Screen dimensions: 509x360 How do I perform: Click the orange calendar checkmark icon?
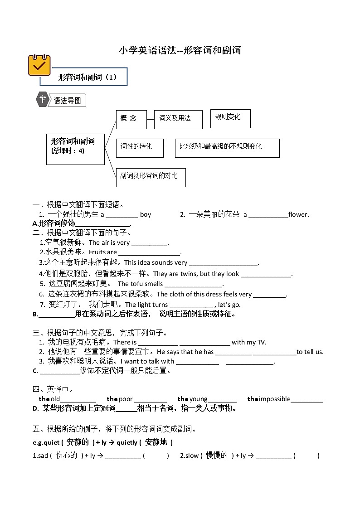pyautogui.click(x=39, y=65)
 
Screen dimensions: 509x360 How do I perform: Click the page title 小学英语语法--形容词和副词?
pyautogui.click(x=180, y=50)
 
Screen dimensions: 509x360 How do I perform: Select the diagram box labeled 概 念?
pyautogui.click(x=131, y=119)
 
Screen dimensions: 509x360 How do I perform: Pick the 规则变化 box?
pyautogui.click(x=230, y=118)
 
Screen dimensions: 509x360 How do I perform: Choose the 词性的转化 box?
pyautogui.click(x=140, y=147)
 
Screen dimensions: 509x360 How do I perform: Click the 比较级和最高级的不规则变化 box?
pyautogui.click(x=227, y=147)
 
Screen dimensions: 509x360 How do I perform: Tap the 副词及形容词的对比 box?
pyautogui.click(x=151, y=177)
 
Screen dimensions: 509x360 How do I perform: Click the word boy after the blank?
pyautogui.click(x=146, y=214)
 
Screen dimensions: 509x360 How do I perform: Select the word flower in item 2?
pyautogui.click(x=298, y=214)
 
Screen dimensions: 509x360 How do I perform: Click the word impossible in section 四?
pyautogui.click(x=274, y=399)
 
